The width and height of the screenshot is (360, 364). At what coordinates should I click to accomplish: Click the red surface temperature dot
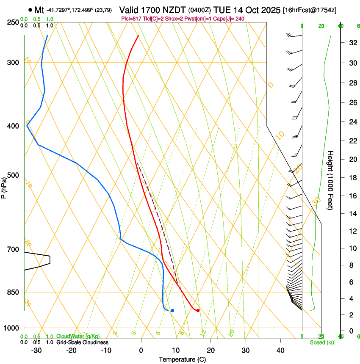pos(198,311)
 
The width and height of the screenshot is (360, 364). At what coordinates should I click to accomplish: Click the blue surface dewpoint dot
pos(172,311)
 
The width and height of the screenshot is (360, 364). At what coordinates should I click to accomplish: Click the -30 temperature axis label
pos(36,350)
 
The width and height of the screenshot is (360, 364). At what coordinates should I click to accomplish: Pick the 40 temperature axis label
pos(280,350)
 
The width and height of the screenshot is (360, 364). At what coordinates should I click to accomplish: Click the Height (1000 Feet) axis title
pos(331,180)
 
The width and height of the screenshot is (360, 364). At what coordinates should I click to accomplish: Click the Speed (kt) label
pos(321,342)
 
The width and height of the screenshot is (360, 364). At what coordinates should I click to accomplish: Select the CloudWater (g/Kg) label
pos(78,336)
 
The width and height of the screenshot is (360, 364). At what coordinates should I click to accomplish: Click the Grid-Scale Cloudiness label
pos(82,342)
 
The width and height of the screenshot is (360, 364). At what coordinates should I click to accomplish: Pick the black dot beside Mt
pos(30,9)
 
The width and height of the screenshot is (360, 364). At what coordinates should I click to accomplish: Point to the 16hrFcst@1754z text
pos(310,10)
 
